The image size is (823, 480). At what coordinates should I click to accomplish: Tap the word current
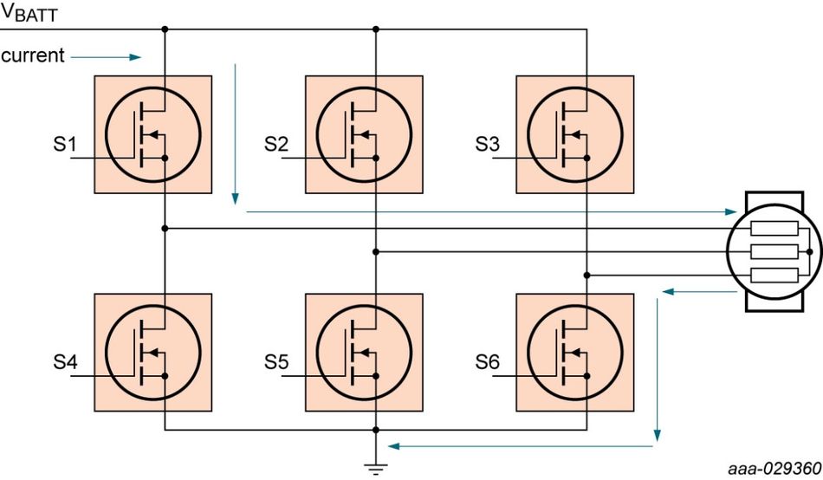33,55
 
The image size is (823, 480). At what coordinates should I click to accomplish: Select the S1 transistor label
65,144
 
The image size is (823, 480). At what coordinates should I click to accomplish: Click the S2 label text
276,144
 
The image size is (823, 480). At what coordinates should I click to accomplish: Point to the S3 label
488,144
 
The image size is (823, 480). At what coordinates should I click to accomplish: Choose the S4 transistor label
65,362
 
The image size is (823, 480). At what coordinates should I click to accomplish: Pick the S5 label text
276,362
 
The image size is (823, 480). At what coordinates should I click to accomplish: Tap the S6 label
488,362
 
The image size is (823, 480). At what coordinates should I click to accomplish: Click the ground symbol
376,469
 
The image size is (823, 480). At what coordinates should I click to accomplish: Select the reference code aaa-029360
774,468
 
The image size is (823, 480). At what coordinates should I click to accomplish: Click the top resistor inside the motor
774,229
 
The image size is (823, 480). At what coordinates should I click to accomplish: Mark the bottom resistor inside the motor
774,276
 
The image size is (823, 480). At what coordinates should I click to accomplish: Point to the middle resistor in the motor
774,252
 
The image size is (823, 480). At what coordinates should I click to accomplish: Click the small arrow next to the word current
106,56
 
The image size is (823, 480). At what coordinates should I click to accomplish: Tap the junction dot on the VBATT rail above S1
165,29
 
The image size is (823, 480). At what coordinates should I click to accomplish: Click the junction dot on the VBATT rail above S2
376,29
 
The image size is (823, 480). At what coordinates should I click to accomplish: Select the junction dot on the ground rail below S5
376,430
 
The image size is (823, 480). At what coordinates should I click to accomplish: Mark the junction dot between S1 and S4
165,229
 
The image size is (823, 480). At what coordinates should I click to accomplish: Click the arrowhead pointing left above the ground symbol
393,446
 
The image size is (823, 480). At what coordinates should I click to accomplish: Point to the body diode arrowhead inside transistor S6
576,353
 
